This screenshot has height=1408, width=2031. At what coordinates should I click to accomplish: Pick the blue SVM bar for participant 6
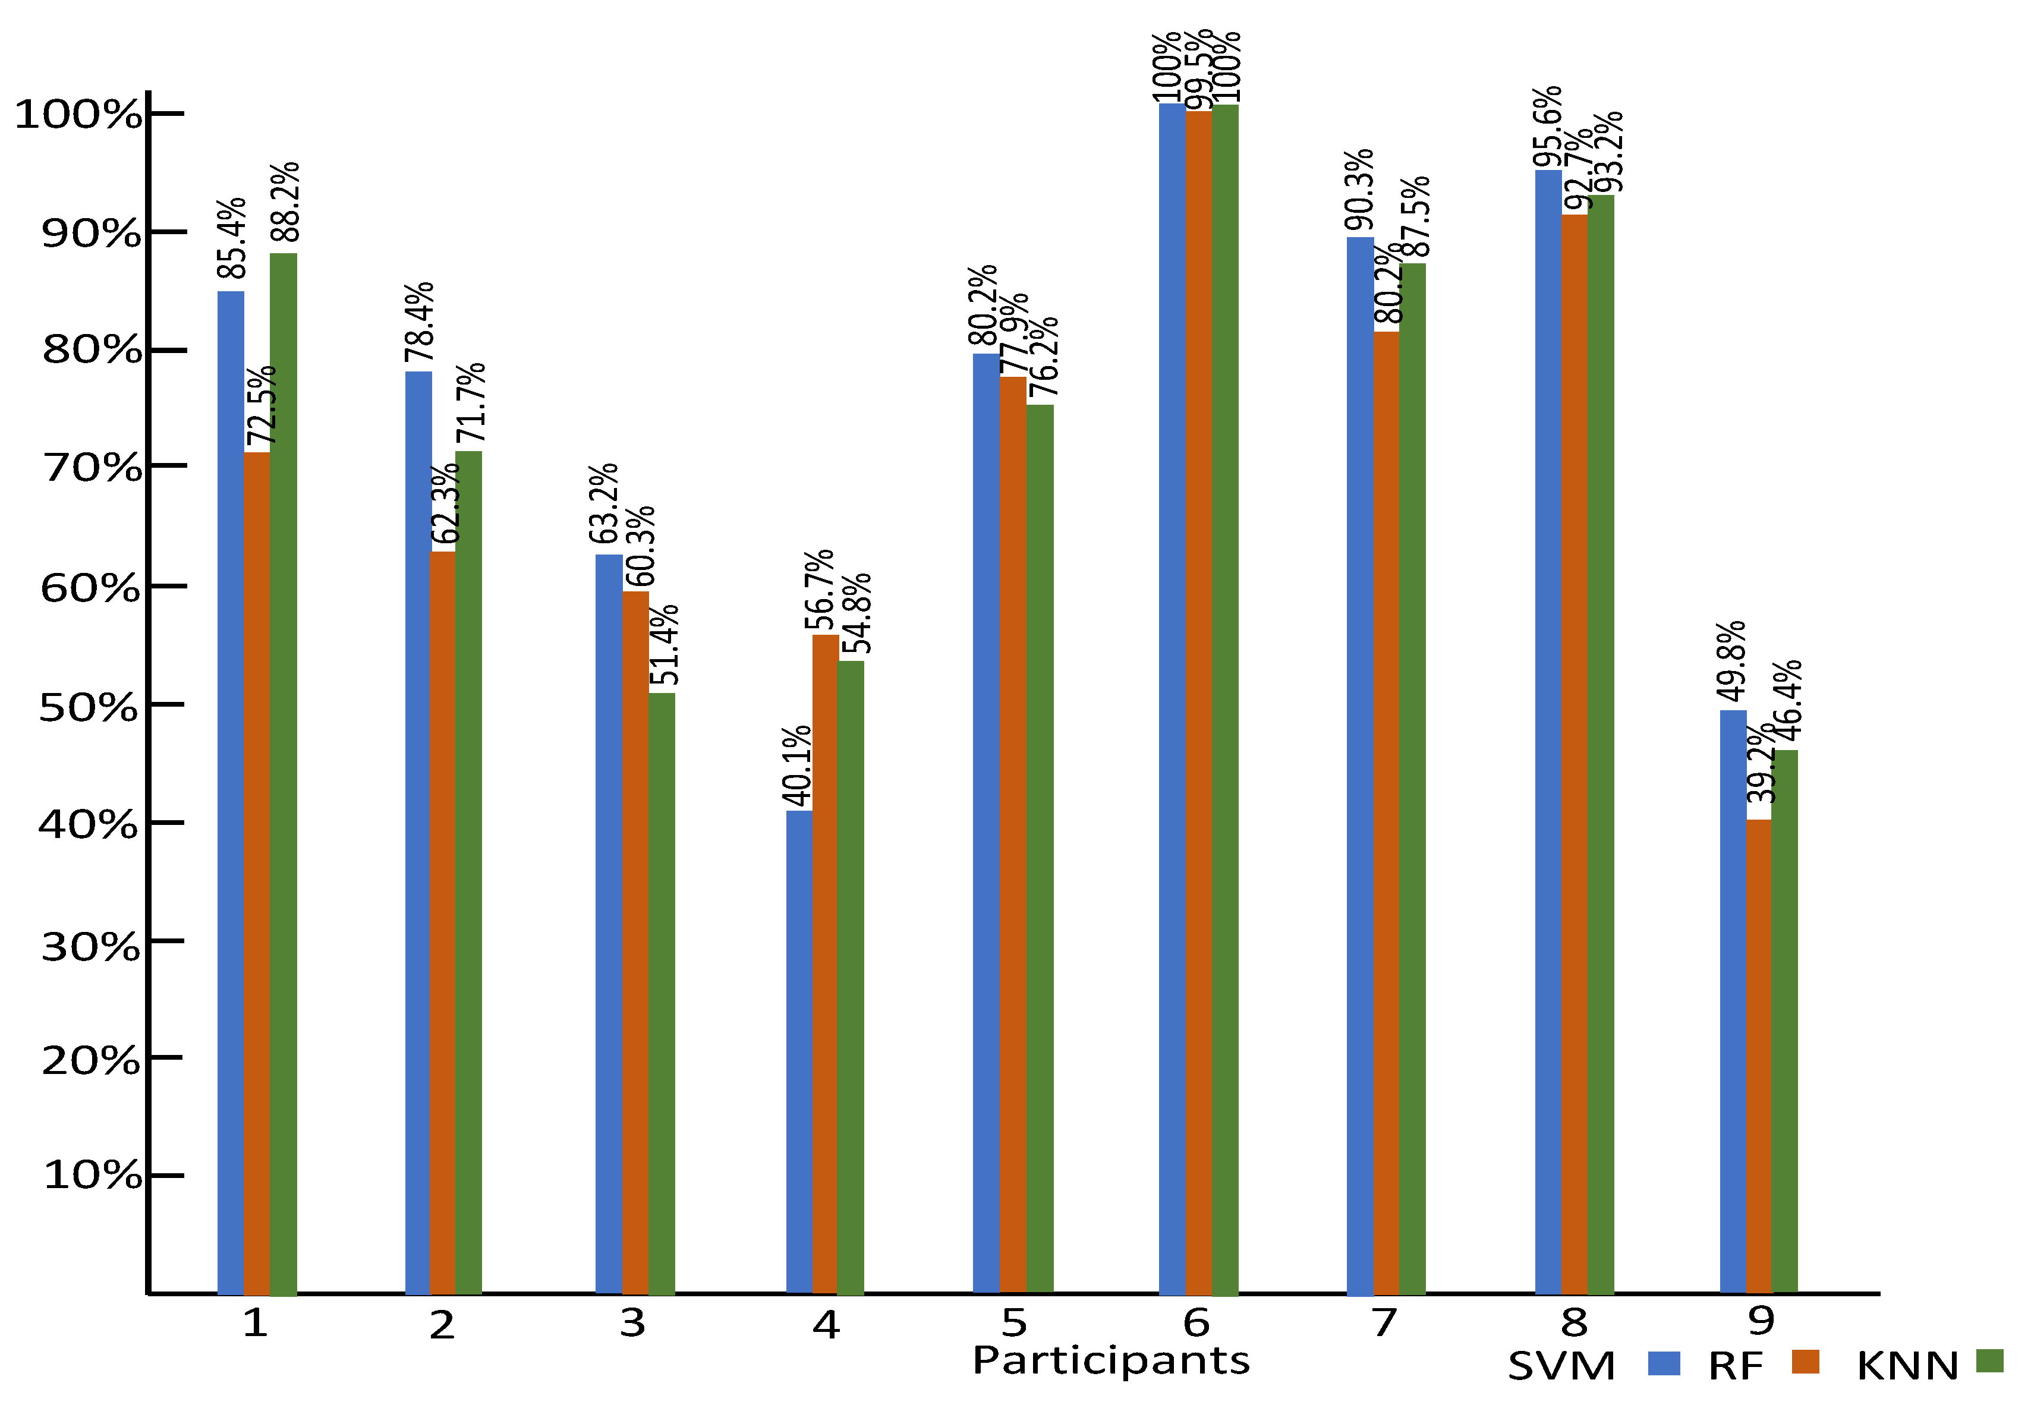pyautogui.click(x=1172, y=698)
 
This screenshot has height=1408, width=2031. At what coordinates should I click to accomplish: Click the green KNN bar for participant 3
pyautogui.click(x=662, y=993)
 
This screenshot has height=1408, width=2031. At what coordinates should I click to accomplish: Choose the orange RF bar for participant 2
pyautogui.click(x=443, y=922)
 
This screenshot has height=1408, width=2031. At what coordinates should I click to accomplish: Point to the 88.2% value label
pyautogui.click(x=285, y=202)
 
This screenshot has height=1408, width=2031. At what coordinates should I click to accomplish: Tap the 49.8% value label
pyautogui.click(x=1732, y=662)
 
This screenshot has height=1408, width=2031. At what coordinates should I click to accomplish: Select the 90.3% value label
pyautogui.click(x=1359, y=190)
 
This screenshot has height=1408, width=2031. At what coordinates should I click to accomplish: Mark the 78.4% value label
pyautogui.click(x=419, y=322)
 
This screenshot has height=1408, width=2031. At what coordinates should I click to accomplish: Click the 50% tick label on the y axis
pyautogui.click(x=88, y=707)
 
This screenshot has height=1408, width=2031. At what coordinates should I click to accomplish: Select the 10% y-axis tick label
pyautogui.click(x=92, y=1175)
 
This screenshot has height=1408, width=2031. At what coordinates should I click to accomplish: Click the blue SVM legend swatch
pyautogui.click(x=1664, y=1363)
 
